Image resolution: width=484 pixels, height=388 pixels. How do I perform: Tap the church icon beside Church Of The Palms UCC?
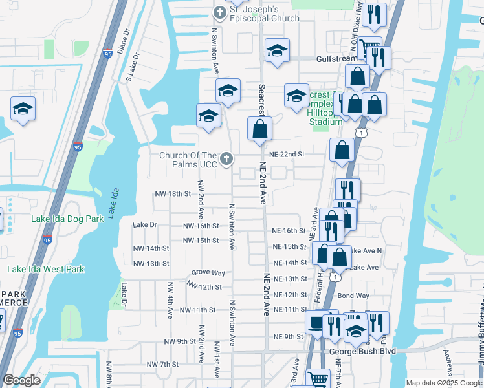[x=226, y=158]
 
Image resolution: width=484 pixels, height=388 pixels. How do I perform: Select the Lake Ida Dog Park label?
[x=68, y=219]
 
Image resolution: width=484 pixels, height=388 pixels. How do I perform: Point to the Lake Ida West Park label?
[x=47, y=269]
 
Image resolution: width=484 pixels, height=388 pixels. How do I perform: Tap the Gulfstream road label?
[x=336, y=58]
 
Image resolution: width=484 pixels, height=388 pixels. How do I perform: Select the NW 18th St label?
[x=172, y=193]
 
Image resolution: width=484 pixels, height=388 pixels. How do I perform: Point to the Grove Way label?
[x=208, y=274]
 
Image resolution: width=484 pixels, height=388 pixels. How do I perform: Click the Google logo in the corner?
[x=22, y=380]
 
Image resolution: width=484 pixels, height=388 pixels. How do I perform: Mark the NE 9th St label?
[x=289, y=337]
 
